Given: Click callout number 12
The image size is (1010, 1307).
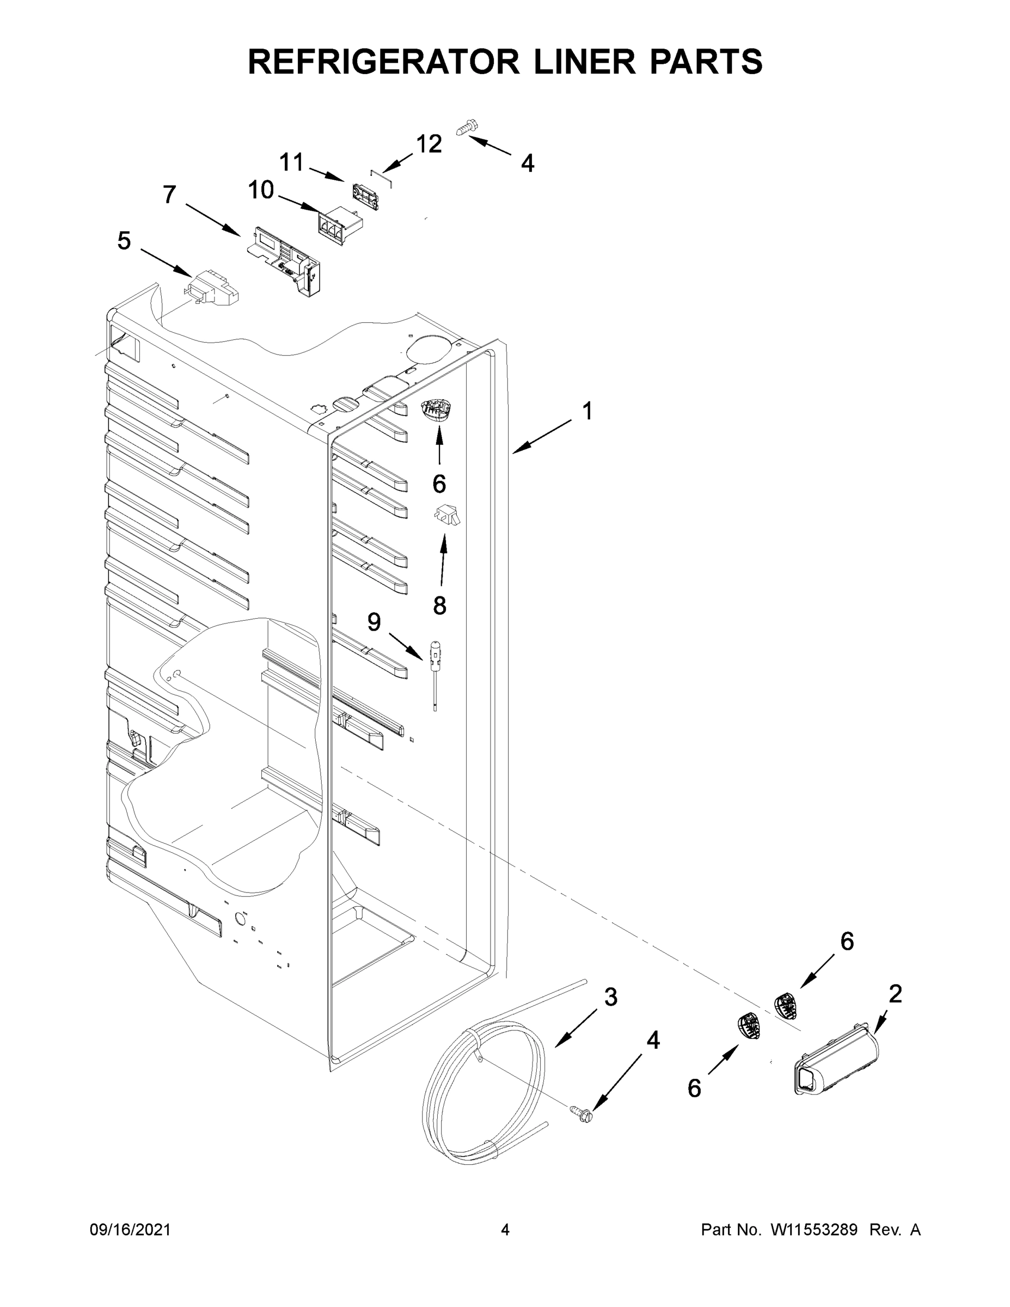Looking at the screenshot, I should pyautogui.click(x=429, y=144).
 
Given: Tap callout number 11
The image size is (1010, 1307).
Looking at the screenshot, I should pyautogui.click(x=291, y=162).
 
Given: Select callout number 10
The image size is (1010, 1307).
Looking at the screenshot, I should pyautogui.click(x=261, y=190).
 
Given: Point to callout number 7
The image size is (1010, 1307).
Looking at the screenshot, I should pyautogui.click(x=169, y=194).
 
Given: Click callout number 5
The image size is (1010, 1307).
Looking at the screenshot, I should pyautogui.click(x=124, y=241).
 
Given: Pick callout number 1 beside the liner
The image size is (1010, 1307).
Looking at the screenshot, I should pyautogui.click(x=587, y=411).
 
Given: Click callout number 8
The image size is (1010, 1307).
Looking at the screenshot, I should pyautogui.click(x=439, y=606).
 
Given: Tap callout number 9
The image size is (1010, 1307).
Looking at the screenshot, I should pyautogui.click(x=374, y=622).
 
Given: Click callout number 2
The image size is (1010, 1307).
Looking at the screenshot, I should pyautogui.click(x=895, y=994).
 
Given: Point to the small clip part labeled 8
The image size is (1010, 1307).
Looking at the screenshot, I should pyautogui.click(x=447, y=515).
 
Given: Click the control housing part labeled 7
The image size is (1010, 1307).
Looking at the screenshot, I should pyautogui.click(x=284, y=260).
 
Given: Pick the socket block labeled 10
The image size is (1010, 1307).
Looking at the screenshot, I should pyautogui.click(x=339, y=225).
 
